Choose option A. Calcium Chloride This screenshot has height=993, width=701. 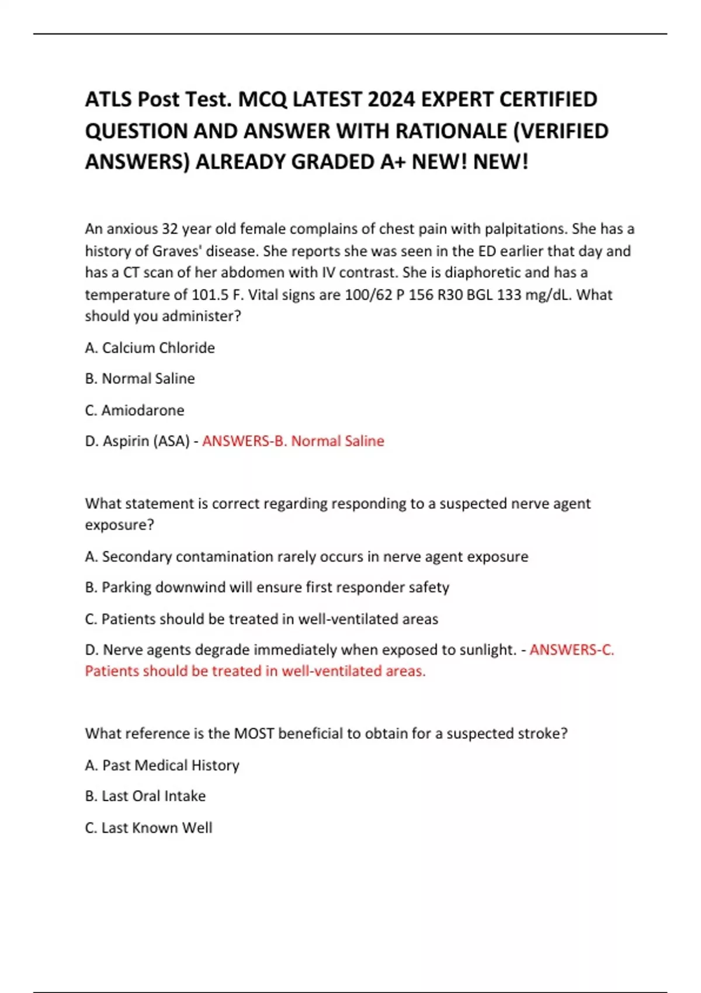coord(150,348)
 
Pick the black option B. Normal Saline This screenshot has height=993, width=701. coord(140,379)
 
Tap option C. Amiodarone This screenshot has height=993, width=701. coord(135,410)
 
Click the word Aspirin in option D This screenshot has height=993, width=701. coord(126,441)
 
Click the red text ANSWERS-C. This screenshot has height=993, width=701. coord(571,650)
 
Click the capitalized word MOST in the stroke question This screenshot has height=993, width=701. coord(254,734)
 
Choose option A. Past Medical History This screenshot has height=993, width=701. coord(162,765)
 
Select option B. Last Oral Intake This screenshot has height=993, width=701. coord(145,796)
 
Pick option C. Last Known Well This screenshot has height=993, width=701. coord(149,828)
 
